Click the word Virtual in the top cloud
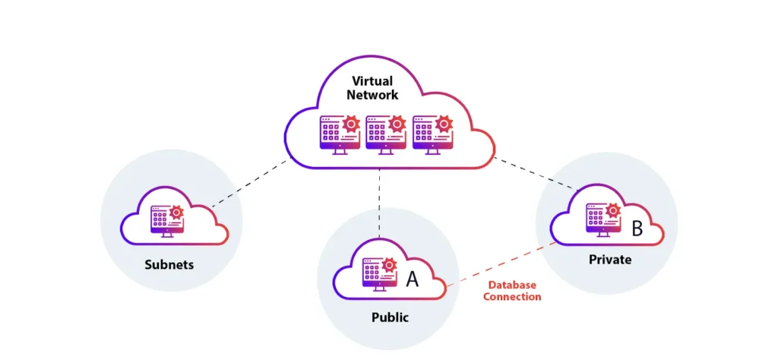tap(372, 81)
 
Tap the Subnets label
tap(169, 265)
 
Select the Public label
tap(388, 317)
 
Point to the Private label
tap(609, 260)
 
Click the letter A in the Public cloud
tap(412, 279)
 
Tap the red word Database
tap(512, 285)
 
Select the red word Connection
tap(512, 297)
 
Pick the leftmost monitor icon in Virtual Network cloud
tap(337, 133)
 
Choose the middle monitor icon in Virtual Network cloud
tap(384, 133)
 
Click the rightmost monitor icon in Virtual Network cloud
tap(429, 133)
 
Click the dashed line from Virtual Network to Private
tap(536, 172)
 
